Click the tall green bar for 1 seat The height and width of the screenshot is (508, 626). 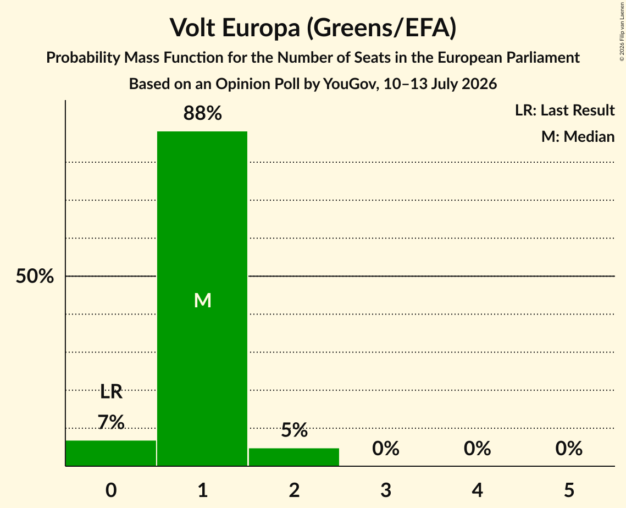pos(202,299)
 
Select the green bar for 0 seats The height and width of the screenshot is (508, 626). pos(111,453)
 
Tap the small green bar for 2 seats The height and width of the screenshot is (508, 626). pos(294,457)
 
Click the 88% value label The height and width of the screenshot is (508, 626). pos(202,113)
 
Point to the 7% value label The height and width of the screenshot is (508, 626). pos(111,422)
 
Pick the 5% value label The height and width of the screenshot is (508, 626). pos(294,430)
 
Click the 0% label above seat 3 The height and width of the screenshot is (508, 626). pos(386,449)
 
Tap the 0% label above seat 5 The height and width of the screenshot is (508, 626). pos(569,449)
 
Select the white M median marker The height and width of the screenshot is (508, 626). pos(202,300)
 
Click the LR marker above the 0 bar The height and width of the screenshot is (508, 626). pos(111,392)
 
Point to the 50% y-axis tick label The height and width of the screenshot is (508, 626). pos(35,276)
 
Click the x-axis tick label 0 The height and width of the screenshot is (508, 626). pos(111,490)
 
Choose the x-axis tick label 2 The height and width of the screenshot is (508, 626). pos(294,490)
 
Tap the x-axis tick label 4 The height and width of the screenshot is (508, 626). pos(478,490)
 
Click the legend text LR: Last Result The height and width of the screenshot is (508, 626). pos(564,110)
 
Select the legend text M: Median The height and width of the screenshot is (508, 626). pos(578,136)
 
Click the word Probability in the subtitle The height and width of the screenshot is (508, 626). pos(83,58)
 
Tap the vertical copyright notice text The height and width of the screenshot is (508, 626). pos(622,31)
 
